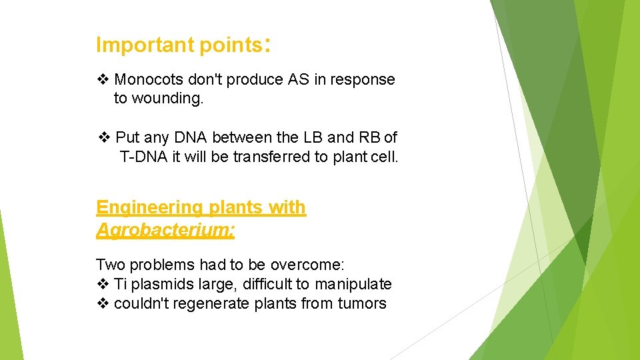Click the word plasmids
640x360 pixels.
pos(162,284)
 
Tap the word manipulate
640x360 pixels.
pos(353,284)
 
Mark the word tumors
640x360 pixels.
pos(362,303)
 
